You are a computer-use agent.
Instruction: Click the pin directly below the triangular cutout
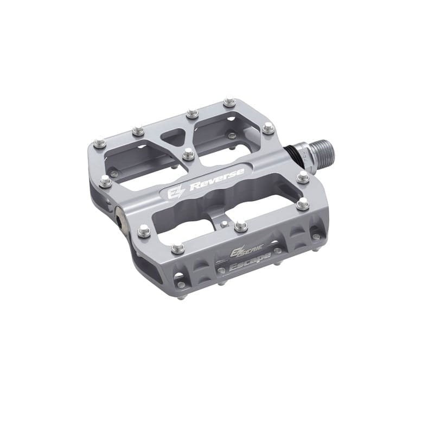(188, 154)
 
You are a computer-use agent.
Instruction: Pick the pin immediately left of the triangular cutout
(137, 131)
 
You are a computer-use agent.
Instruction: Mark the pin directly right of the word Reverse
(302, 176)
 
